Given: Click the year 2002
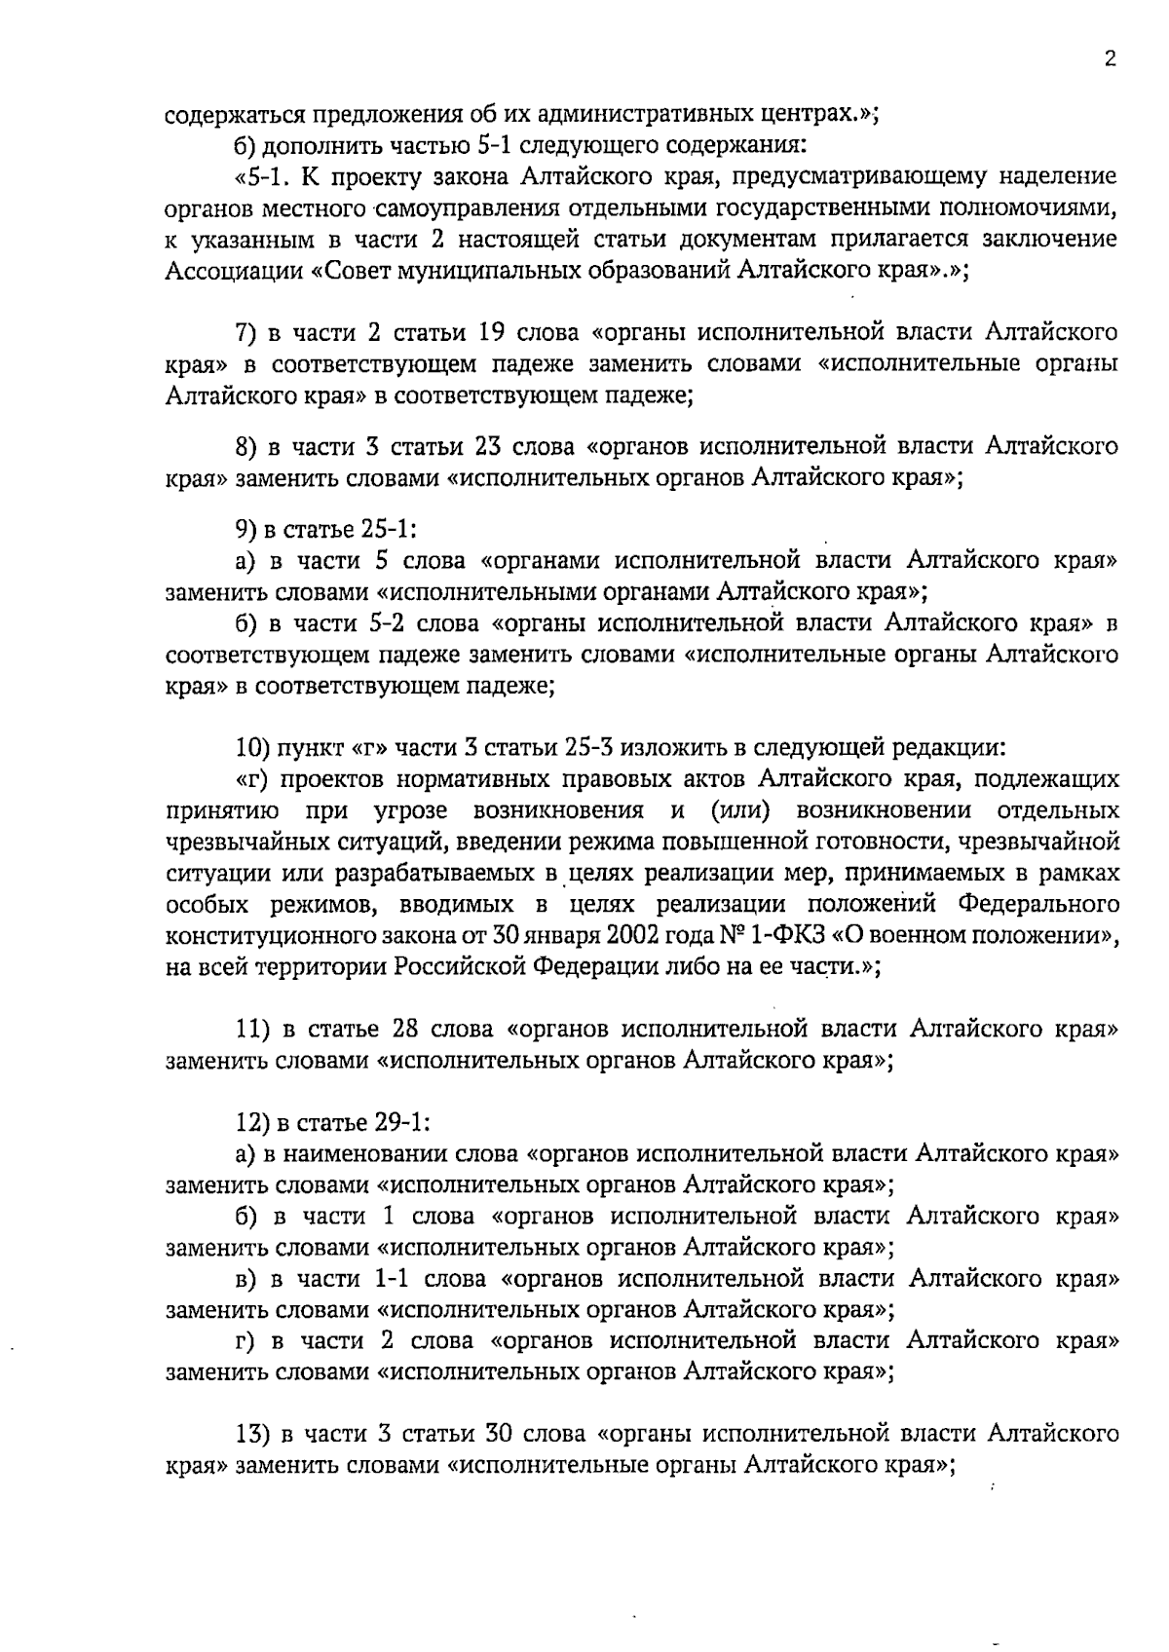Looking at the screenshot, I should click(633, 936).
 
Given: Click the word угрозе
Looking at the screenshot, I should click(409, 811).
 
